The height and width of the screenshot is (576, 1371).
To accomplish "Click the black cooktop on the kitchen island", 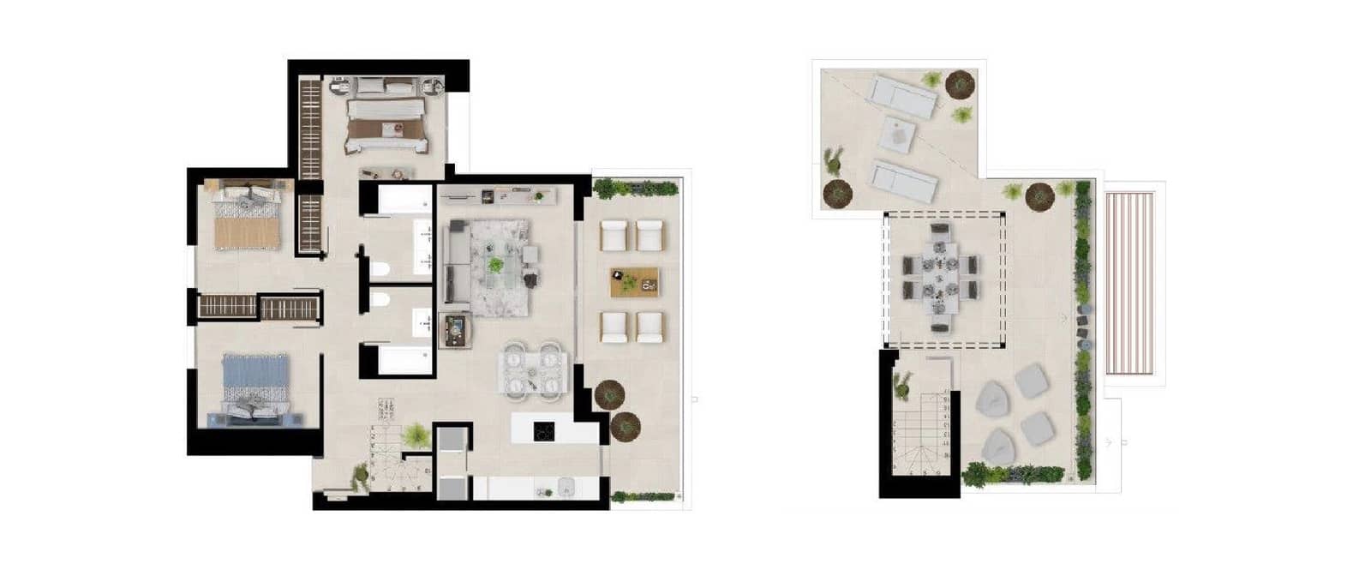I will [543, 431].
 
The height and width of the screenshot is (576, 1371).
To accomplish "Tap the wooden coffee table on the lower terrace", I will [634, 282].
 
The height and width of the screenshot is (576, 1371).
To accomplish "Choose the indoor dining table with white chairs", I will [533, 372].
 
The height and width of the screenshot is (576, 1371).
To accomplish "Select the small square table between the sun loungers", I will [900, 135].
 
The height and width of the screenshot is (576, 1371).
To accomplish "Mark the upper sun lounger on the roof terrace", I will [903, 94].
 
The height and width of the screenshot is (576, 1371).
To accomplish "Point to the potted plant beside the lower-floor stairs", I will [416, 435].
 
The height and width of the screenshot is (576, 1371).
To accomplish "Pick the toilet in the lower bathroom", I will [380, 300].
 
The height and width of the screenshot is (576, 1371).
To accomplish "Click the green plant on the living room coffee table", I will [495, 265].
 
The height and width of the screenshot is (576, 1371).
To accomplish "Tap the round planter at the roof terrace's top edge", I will [960, 83].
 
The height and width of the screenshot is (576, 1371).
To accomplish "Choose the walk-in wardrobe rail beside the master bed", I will [309, 129].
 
